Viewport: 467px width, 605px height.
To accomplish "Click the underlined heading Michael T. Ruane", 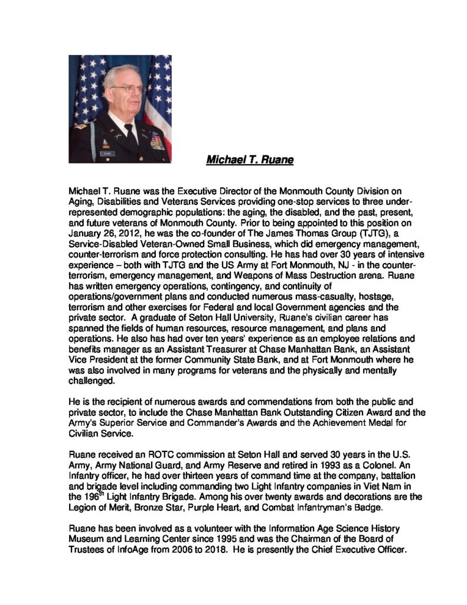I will click(250, 160).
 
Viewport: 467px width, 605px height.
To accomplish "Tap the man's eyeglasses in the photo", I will click(126, 89).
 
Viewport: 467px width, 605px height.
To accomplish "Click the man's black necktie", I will click(130, 133).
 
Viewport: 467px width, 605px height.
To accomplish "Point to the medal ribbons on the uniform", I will click(157, 141).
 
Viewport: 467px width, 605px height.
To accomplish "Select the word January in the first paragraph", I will click(87, 234).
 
